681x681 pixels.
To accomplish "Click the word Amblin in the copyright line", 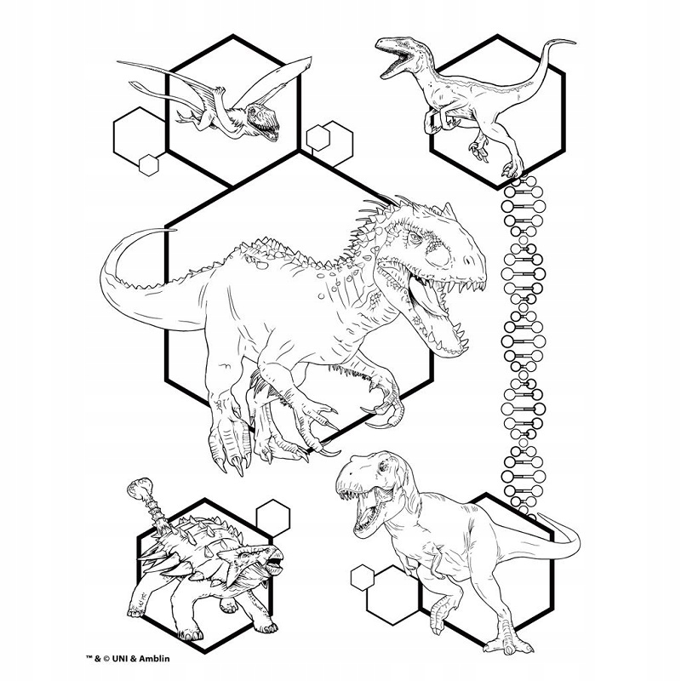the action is coord(154,658).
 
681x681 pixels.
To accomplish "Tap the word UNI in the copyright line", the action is coord(120,658).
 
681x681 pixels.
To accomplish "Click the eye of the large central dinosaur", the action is coord(414,237).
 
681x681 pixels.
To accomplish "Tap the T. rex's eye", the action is coord(382,466).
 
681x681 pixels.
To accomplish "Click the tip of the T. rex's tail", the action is coord(540,515).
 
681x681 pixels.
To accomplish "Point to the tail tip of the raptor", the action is coord(574,43).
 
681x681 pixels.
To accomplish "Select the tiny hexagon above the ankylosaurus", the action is coord(272,518).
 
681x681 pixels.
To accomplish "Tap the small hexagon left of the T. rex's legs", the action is coord(363,578).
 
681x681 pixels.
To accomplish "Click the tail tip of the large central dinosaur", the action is coord(174,229).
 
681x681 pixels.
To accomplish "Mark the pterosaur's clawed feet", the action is coord(185,117).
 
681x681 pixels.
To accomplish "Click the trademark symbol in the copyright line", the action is coord(90,657).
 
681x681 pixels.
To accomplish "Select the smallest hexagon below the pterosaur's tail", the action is coord(148,165).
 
